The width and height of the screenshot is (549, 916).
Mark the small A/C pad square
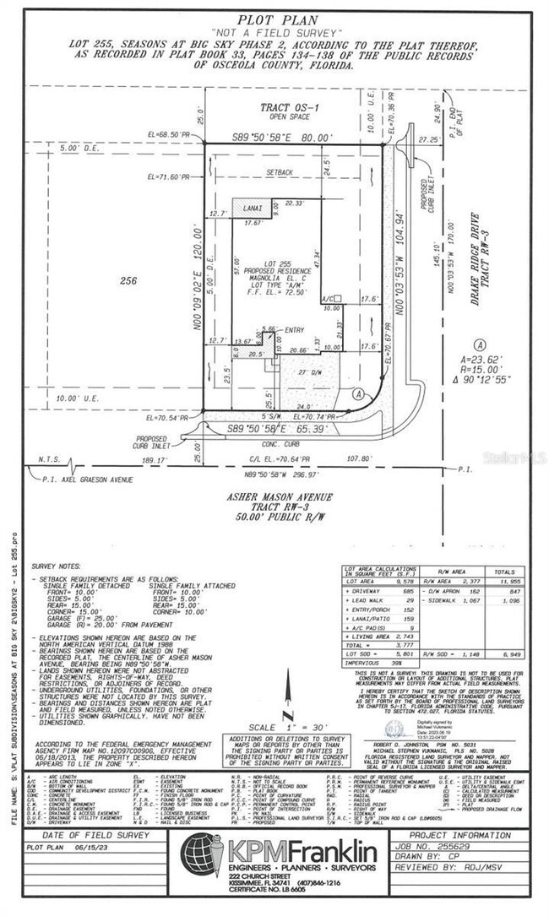click(x=335, y=300)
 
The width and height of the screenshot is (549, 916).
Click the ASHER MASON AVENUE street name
click(x=290, y=496)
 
